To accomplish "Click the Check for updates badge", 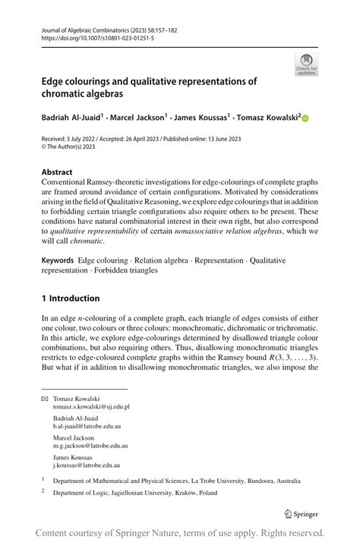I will coord(306,65).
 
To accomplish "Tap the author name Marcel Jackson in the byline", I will coord(140,118).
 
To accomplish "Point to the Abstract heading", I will coord(58,172).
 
